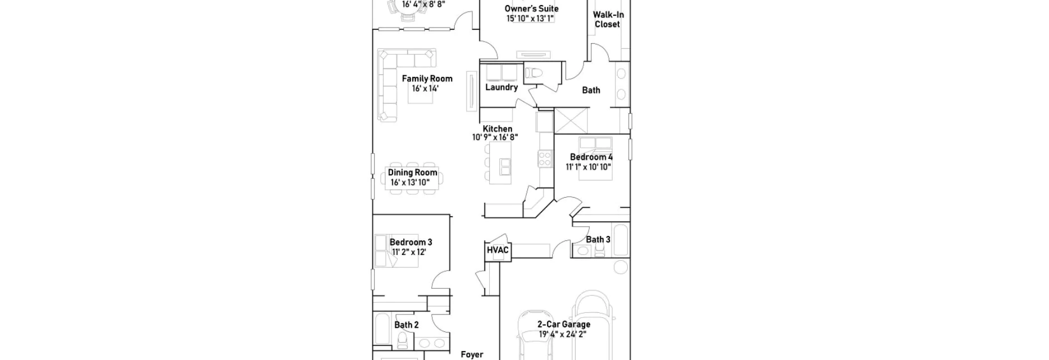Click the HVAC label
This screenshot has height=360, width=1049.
tap(498, 250)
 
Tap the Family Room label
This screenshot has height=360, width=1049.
tap(427, 79)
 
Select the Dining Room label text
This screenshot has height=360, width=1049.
tap(412, 172)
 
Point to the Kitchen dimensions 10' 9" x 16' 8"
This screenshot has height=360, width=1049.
tap(495, 137)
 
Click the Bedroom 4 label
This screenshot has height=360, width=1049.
tap(591, 157)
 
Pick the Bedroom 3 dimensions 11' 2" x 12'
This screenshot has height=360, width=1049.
tap(409, 252)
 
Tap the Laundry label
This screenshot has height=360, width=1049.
tap(501, 88)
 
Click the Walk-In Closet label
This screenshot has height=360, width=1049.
tap(608, 20)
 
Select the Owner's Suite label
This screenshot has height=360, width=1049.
tap(531, 8)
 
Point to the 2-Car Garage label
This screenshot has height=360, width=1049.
tap(564, 324)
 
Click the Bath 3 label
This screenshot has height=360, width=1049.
tap(598, 240)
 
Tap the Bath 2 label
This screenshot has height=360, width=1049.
tap(406, 325)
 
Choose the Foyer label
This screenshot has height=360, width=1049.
tap(472, 354)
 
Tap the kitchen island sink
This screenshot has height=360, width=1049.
tap(505, 166)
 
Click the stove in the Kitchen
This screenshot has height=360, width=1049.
tap(545, 158)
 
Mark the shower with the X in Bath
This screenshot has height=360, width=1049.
tap(571, 121)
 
